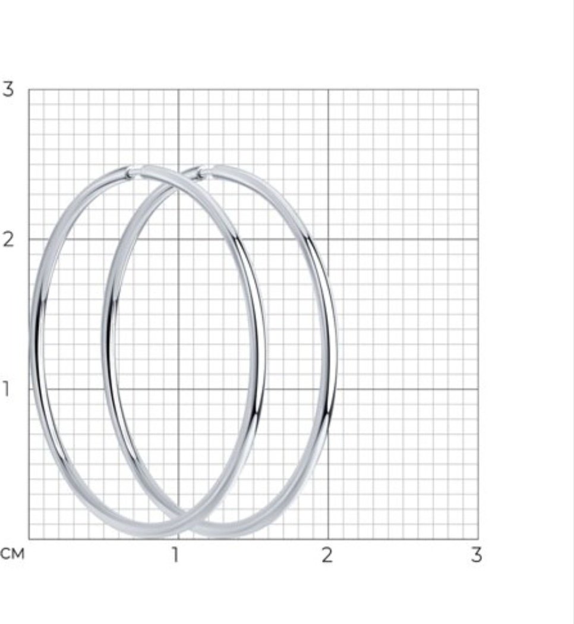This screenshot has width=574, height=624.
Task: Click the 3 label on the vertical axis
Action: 8,89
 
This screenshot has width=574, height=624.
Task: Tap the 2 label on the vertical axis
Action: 8,239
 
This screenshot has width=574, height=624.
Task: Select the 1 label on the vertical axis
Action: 5,389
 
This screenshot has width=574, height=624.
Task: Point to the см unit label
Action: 12,554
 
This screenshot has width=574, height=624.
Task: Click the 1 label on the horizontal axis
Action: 175,554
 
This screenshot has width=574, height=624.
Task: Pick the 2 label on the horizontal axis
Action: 327,554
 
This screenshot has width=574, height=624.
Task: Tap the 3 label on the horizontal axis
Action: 477,554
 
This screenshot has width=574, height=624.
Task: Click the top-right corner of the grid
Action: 478,90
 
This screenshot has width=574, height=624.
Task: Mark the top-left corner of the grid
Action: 29,90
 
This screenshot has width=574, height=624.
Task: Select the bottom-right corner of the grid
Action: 478,539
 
